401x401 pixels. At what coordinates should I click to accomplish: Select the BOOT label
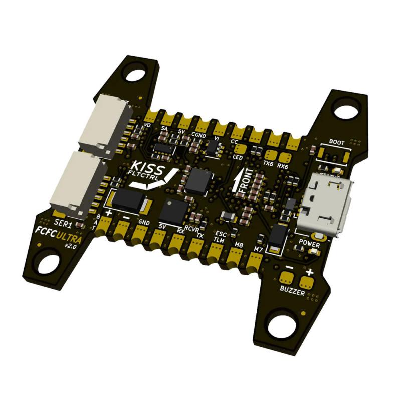[x=337, y=142]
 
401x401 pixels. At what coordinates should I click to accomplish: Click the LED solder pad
[x=240, y=148]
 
